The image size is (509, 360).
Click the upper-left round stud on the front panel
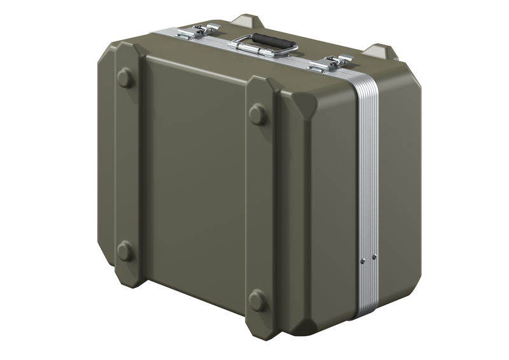tap(125, 78)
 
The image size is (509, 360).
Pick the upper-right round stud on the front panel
tap(258, 115)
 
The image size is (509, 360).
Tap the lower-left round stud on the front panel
tap(125, 251)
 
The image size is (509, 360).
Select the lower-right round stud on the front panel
tap(258, 300)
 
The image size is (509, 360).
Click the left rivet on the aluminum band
tap(363, 261)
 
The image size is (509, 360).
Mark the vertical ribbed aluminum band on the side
tap(367, 191)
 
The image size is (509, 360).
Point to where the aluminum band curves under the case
tap(364, 312)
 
